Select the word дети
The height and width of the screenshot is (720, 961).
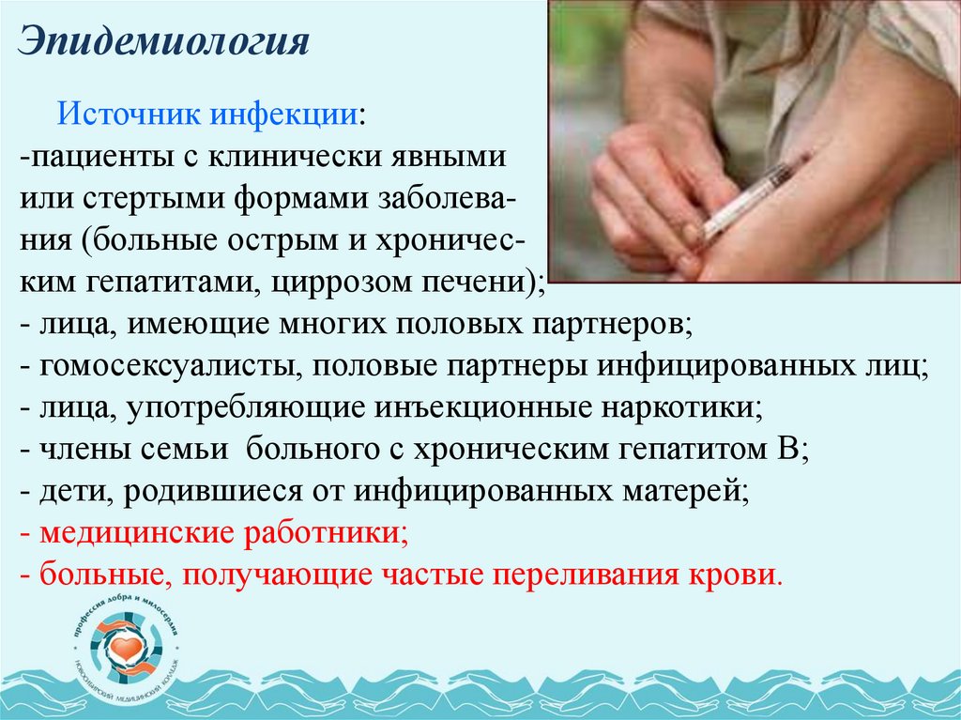[x=67, y=492]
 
